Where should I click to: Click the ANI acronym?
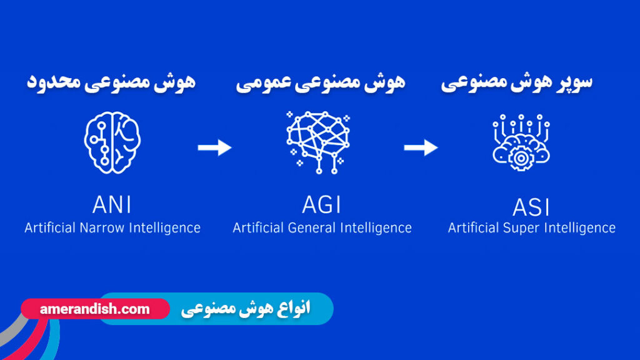(112, 204)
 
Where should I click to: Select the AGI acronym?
(322, 204)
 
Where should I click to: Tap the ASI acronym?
(531, 206)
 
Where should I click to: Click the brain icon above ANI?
(112, 142)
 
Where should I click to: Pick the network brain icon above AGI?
(318, 141)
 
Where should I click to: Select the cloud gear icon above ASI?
(521, 143)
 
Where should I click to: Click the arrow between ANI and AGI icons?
(214, 147)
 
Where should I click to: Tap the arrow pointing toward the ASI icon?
(421, 147)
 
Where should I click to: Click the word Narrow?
(103, 227)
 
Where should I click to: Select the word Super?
(521, 228)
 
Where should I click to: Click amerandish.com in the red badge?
(94, 309)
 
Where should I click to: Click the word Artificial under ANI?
(51, 227)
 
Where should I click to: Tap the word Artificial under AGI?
(259, 227)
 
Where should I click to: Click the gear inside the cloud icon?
(519, 157)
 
